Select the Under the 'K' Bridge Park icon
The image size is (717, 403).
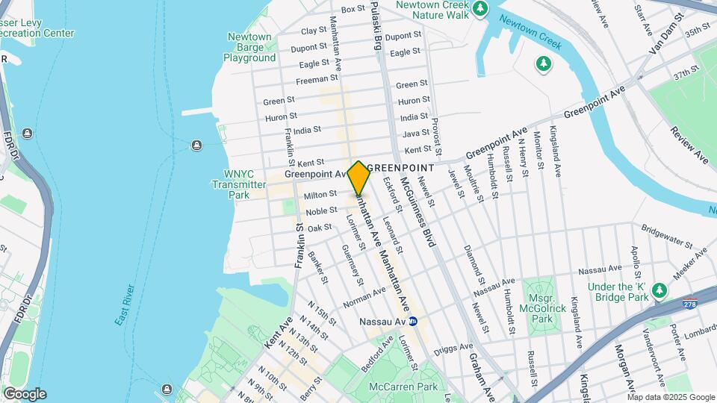(x=659, y=290)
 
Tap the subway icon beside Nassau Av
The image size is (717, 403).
(x=412, y=322)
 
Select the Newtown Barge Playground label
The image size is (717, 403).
(x=249, y=47)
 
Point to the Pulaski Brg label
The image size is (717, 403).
(x=377, y=23)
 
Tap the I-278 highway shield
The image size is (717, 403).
(x=691, y=304)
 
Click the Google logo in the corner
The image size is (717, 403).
(x=25, y=394)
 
